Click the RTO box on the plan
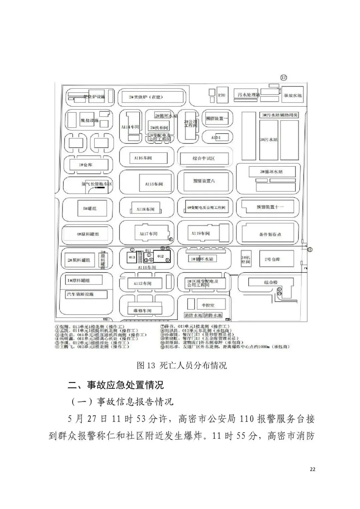(222, 95)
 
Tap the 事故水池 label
(292, 95)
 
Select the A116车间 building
(143, 158)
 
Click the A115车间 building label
(154, 184)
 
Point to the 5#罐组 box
(90, 208)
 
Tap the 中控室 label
(208, 305)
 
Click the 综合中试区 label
(204, 158)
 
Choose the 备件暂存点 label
(270, 234)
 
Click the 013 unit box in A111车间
(132, 257)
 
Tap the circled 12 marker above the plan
(283, 78)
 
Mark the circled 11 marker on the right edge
(310, 249)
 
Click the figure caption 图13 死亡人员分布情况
(182, 365)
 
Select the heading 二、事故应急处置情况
(116, 385)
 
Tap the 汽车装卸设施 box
(86, 294)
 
